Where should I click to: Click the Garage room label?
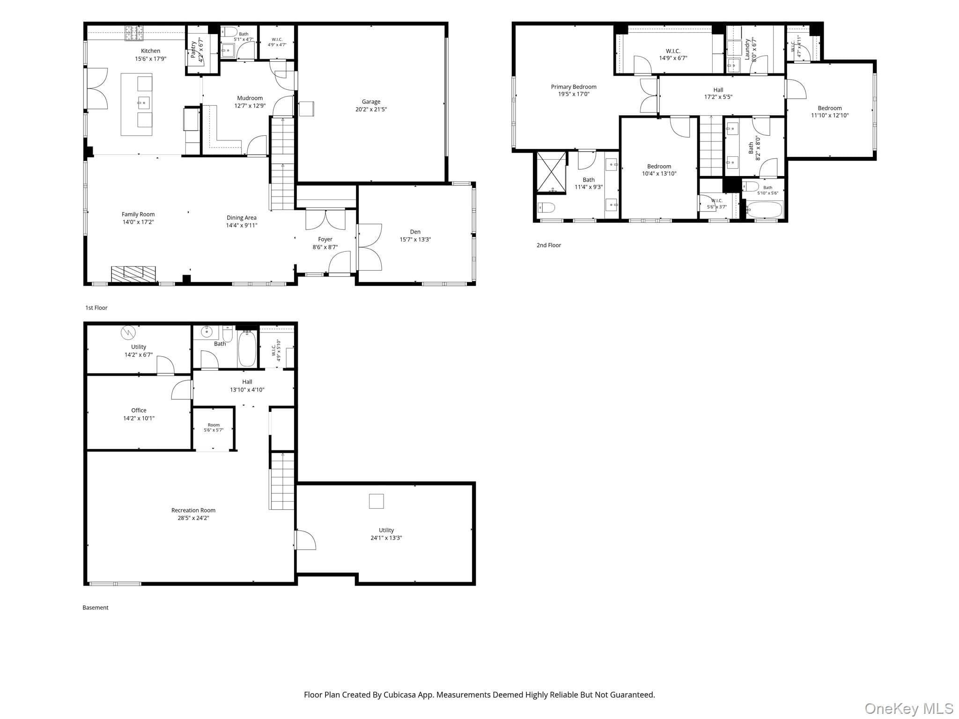coord(371,102)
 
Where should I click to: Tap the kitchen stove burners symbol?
coord(134,33)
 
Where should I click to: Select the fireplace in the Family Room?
coord(133,274)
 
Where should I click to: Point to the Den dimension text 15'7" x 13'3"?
coord(415,240)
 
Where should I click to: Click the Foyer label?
coord(325,239)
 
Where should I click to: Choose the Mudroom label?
coord(250,98)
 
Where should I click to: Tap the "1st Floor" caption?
coord(96,308)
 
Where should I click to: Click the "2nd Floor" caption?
coord(549,245)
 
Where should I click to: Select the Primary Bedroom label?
coord(574,87)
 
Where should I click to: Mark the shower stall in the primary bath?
coord(551,172)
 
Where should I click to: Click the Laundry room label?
coord(747,49)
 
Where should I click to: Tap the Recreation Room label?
coord(193,510)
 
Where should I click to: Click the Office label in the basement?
coord(139,411)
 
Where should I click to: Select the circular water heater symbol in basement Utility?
coord(128,333)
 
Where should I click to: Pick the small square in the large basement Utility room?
coord(376,501)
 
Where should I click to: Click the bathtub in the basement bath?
coord(247,348)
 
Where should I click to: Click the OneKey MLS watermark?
coord(909,709)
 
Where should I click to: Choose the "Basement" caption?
coord(96,608)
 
